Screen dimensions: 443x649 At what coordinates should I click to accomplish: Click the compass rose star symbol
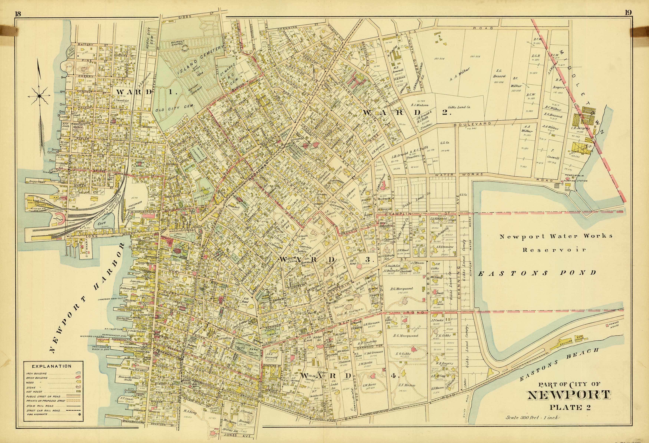tap(39, 96)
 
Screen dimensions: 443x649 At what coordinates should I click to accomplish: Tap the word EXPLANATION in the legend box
tap(52, 366)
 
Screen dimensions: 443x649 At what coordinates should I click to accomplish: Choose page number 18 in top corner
tap(18, 14)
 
